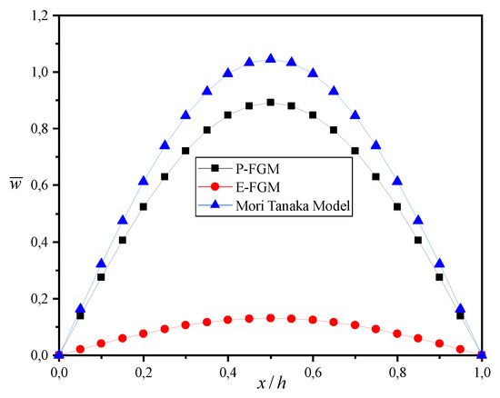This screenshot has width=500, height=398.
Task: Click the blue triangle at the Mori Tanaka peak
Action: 271,59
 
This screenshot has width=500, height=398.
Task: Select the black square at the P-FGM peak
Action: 271,102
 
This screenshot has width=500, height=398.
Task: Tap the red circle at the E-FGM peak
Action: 271,318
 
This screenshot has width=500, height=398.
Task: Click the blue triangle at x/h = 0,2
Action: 144,181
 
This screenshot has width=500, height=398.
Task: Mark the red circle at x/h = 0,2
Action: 144,333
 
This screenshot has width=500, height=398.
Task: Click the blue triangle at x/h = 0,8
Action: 398,181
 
